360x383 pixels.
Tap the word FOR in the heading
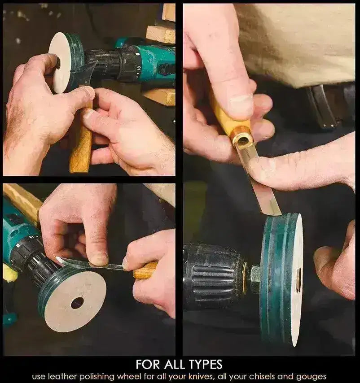(147, 363)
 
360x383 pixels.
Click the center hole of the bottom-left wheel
(77, 303)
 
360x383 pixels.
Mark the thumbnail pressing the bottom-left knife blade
(98, 259)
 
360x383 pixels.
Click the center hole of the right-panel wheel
(298, 276)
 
